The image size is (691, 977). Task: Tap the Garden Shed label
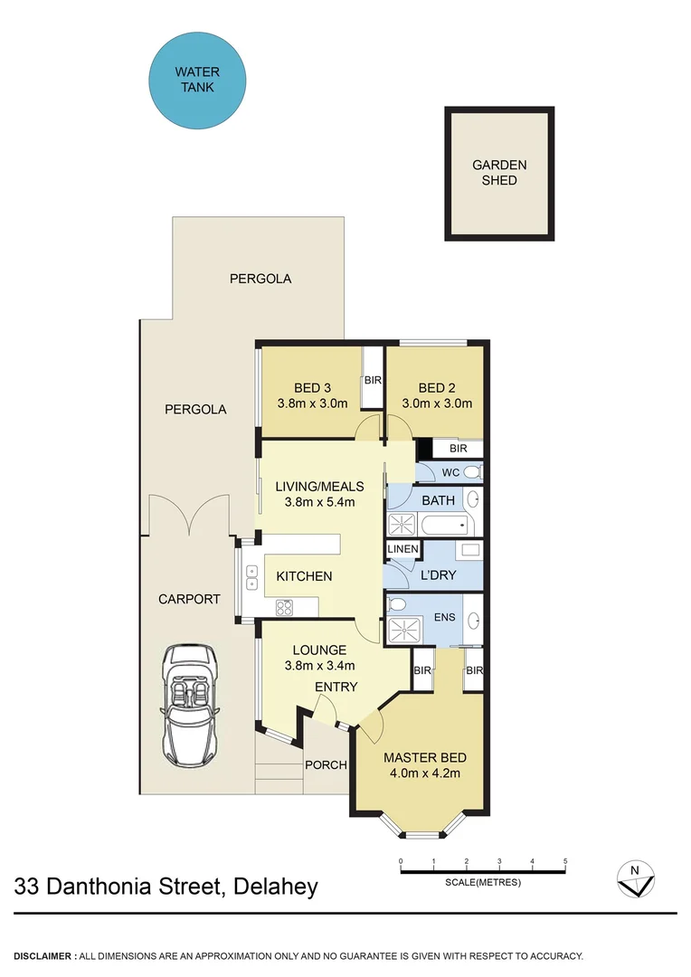[498, 173]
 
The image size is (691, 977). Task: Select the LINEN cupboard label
[402, 549]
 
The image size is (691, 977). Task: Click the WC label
[451, 473]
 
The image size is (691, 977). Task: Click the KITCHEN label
[304, 576]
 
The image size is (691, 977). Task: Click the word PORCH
[326, 765]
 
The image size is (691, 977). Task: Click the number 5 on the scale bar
[565, 860]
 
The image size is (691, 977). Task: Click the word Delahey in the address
[275, 887]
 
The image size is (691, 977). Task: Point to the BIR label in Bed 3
[373, 381]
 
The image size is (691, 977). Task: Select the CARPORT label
[189, 599]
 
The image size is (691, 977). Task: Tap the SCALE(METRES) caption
[483, 883]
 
